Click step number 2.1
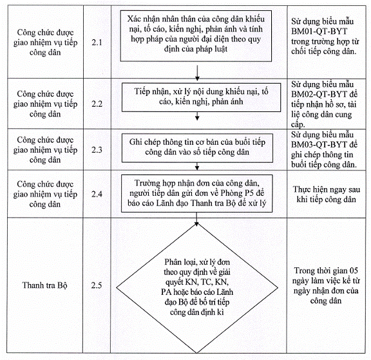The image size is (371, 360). point(97,43)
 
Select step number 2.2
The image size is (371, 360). point(97,104)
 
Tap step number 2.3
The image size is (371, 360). point(97,149)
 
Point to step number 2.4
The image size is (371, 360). point(97,194)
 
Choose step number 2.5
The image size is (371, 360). point(97,285)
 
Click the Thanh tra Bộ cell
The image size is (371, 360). point(44,285)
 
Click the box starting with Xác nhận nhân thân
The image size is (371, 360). point(196,36)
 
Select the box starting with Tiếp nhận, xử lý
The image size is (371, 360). point(201,97)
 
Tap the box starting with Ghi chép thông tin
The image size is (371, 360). point(197,148)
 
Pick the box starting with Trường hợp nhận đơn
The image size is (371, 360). point(197,193)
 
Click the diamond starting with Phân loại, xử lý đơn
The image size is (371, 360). point(197,288)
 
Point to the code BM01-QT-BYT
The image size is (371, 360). point(319,32)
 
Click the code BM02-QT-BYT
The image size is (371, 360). point(319,95)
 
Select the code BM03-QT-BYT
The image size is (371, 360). point(319,144)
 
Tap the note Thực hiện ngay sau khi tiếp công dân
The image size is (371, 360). point(327,194)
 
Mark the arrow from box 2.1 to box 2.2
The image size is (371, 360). point(197,73)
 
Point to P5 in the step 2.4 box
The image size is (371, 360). point(249,193)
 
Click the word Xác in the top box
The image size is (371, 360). point(133,19)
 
